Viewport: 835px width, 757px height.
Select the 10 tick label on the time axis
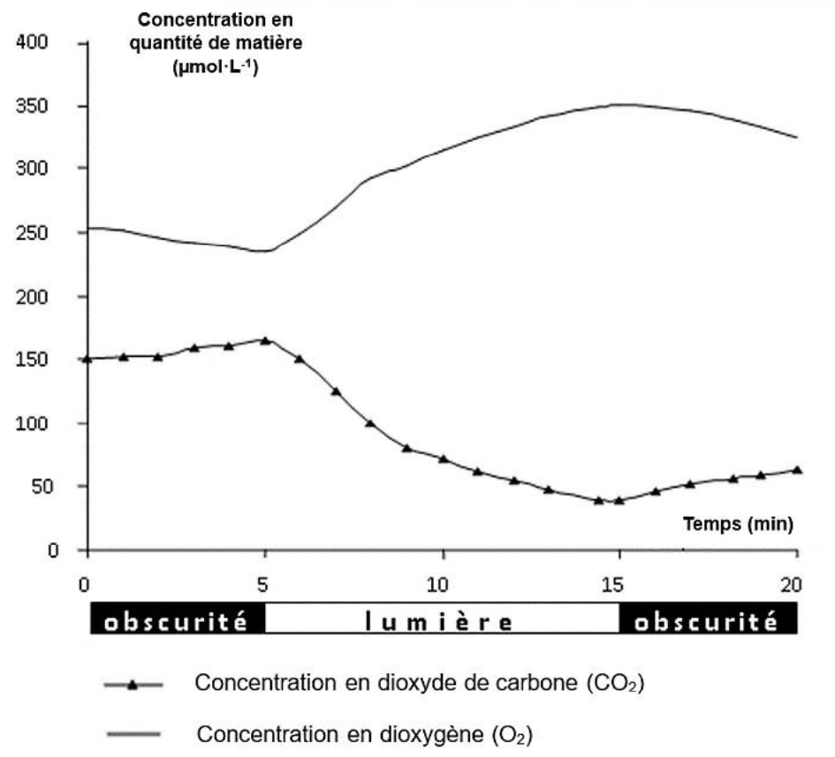point(439,584)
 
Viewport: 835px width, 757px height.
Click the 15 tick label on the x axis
point(618,584)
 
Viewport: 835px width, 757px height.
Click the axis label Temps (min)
point(738,524)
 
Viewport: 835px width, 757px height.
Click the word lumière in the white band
point(440,622)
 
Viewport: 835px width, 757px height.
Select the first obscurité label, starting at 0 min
point(176,622)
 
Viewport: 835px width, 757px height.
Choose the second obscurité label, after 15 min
point(706,622)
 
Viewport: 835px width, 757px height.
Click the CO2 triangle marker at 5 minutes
point(265,340)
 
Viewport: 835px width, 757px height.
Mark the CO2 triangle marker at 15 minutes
point(619,500)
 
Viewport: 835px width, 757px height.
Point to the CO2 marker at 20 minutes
point(797,470)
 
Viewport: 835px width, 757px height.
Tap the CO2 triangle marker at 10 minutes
point(443,459)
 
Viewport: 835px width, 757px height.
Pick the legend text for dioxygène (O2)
point(364,734)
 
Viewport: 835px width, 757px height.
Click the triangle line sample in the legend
point(132,685)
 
